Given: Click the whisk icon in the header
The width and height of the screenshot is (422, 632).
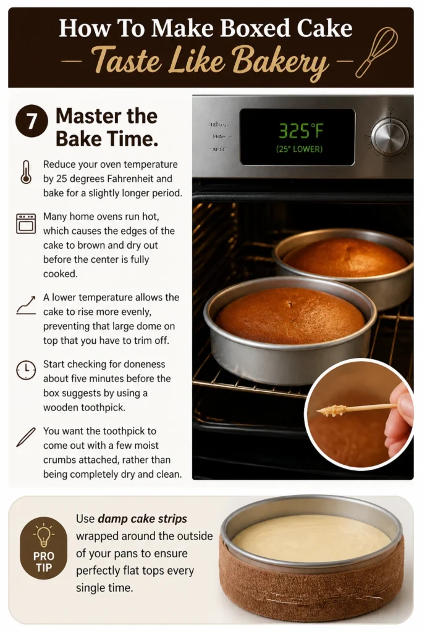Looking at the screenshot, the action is [x=376, y=52].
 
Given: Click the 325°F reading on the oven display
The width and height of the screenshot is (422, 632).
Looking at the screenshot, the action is [x=301, y=131].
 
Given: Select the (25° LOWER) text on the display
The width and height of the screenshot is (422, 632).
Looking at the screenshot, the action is [x=299, y=149].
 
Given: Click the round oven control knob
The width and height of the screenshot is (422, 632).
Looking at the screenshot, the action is [x=390, y=137].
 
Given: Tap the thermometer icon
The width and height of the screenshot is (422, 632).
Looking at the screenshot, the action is [x=26, y=172].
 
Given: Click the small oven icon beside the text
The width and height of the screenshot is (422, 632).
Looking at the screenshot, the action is [x=26, y=223].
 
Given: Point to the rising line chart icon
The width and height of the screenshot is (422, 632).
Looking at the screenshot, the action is [x=26, y=305].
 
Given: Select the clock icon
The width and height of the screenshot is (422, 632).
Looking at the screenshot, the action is [x=26, y=370].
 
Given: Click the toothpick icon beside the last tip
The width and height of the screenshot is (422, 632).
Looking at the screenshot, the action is [x=26, y=437].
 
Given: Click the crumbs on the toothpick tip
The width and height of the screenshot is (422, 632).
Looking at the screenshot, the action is [x=332, y=410].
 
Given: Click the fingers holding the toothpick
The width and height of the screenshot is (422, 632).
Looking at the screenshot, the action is [x=399, y=419].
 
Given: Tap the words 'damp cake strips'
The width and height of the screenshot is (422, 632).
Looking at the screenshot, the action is [x=142, y=518].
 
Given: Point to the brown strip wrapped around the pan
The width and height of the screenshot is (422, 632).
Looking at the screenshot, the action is [x=311, y=588].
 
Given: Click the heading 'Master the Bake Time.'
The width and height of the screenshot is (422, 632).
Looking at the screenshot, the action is [x=106, y=127].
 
